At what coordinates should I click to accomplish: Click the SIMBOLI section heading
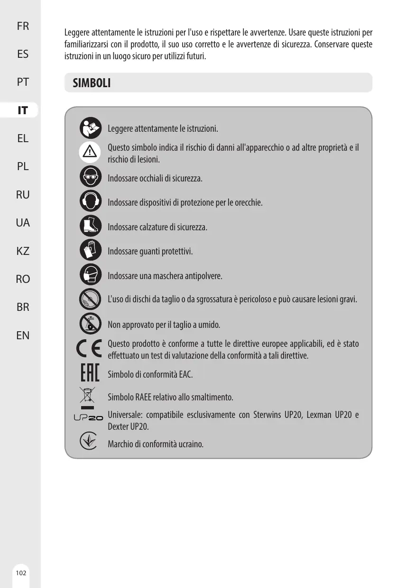[x=92, y=83]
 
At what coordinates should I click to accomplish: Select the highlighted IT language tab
[x=22, y=111]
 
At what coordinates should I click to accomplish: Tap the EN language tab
[x=22, y=335]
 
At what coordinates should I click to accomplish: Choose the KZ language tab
[x=22, y=251]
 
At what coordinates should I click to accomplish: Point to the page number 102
[x=20, y=573]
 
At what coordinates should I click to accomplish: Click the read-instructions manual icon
[x=90, y=127]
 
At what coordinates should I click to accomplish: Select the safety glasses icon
[x=90, y=177]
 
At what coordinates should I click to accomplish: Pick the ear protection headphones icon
[x=90, y=201]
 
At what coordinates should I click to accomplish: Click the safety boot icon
[x=90, y=226]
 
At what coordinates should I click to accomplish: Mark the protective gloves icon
[x=90, y=250]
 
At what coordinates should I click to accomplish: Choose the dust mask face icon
[x=90, y=274]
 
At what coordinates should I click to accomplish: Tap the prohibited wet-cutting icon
[x=90, y=323]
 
